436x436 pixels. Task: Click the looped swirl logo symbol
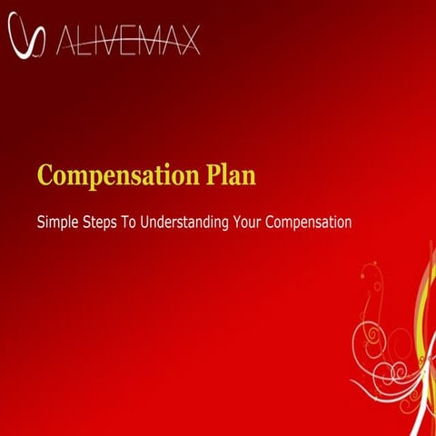point(25,37)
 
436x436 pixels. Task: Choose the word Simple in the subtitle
point(57,222)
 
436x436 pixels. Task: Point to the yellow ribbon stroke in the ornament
point(423,309)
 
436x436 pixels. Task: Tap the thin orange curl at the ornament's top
point(370,271)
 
